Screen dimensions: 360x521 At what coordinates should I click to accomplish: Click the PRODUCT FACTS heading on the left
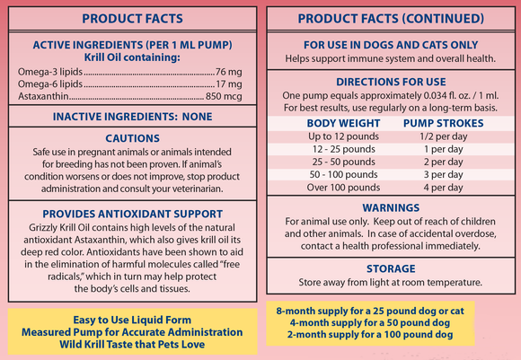click(x=132, y=18)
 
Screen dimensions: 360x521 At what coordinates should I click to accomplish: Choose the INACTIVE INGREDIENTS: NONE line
click(x=131, y=117)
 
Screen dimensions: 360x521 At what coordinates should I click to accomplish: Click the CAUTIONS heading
click(x=132, y=138)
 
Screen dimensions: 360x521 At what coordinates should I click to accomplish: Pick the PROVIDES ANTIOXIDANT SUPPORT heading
click(x=132, y=214)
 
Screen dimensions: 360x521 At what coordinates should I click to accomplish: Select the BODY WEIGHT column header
click(x=341, y=123)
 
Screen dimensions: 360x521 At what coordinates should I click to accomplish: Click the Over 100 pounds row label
click(x=341, y=187)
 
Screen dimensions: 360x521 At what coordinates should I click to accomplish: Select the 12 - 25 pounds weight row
click(x=341, y=148)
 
